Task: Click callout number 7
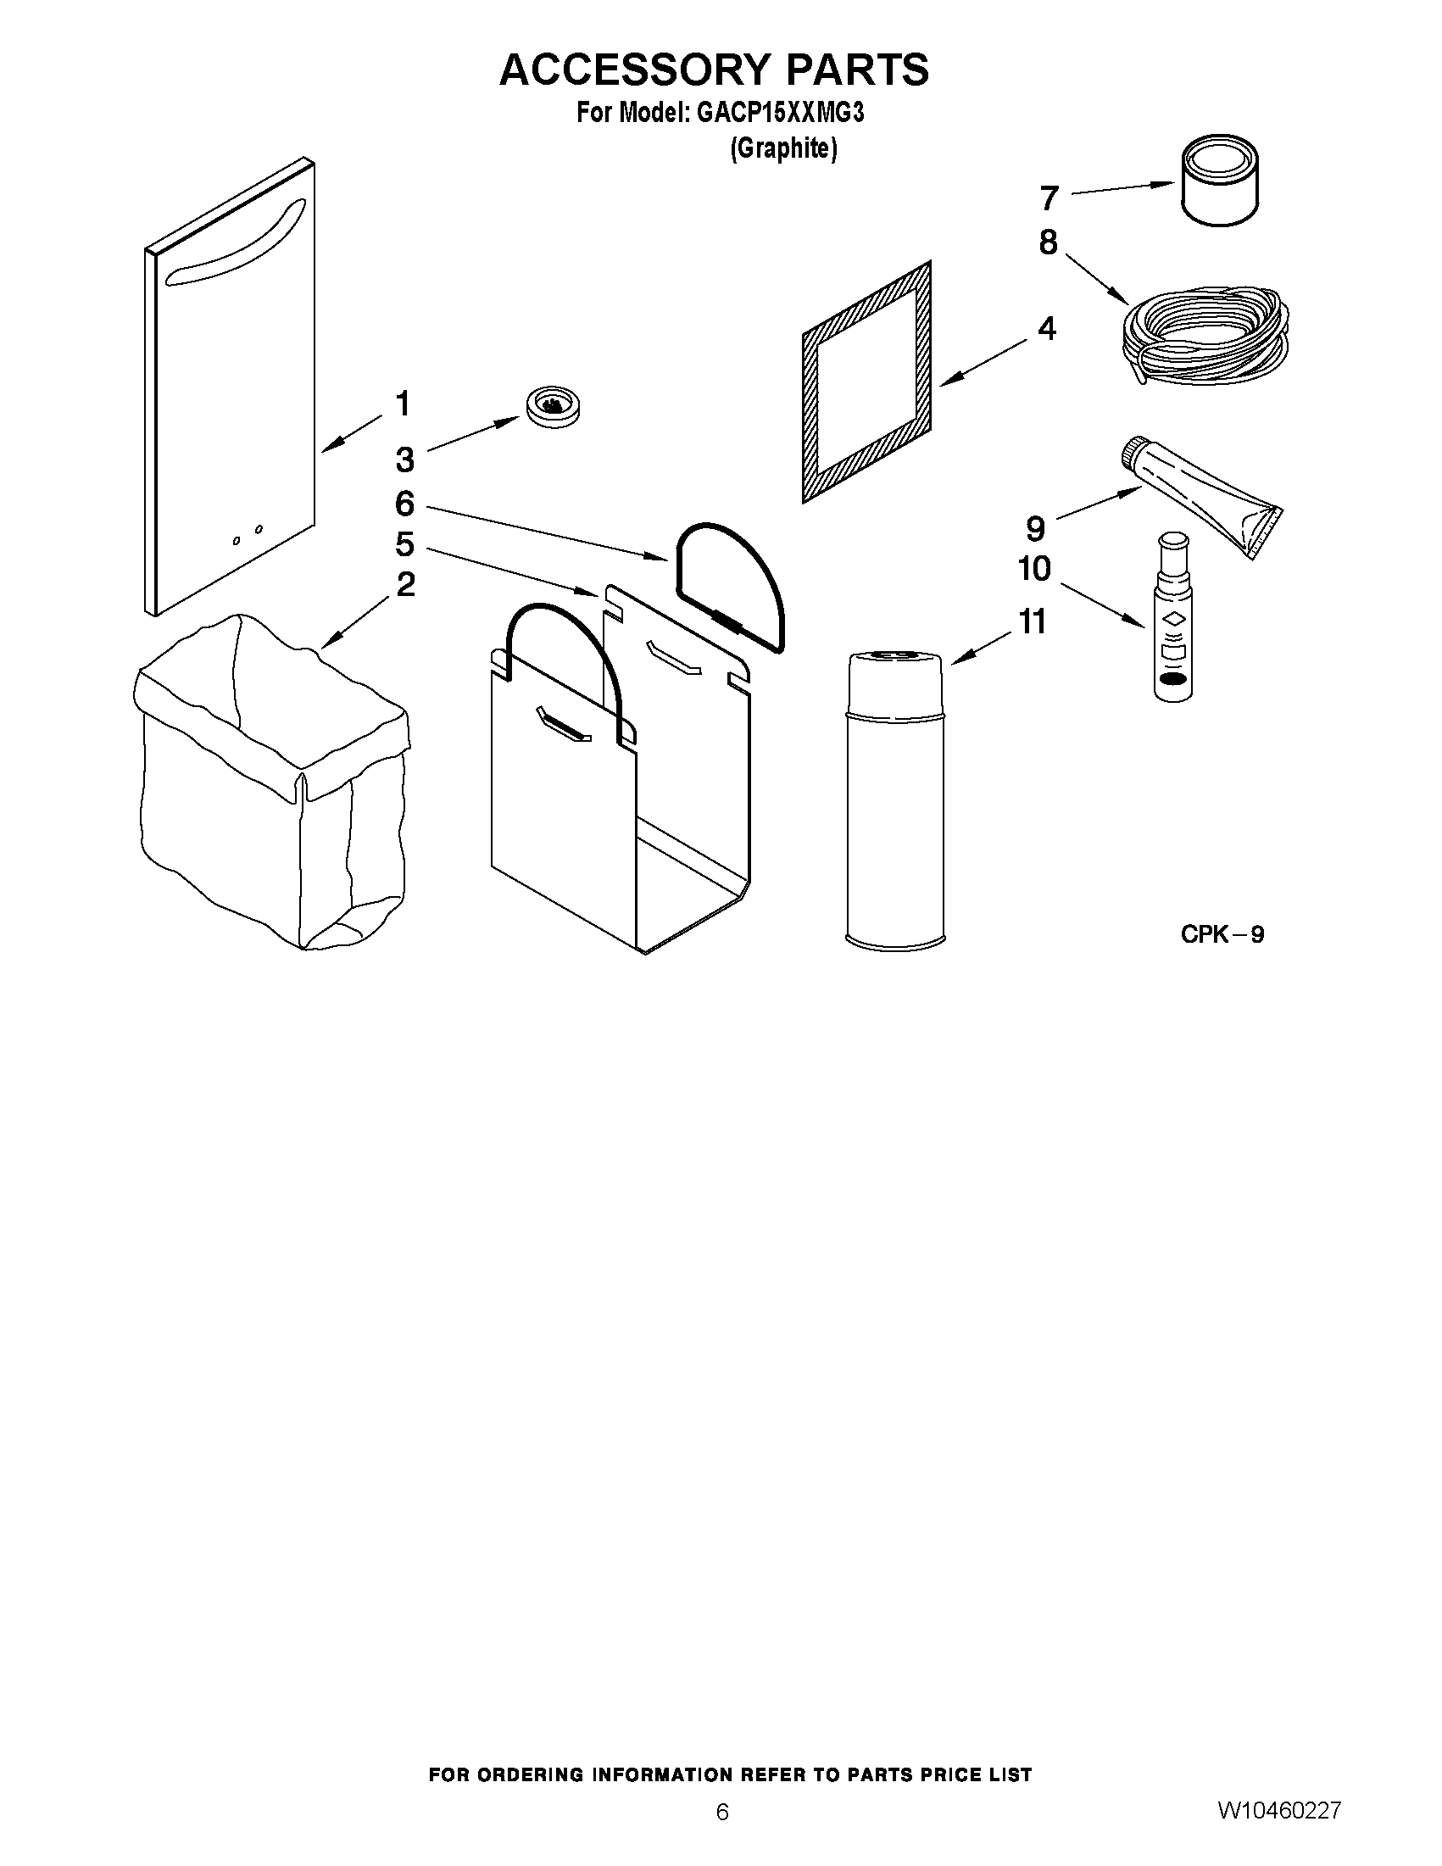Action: tap(1049, 198)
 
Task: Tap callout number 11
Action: tap(1033, 622)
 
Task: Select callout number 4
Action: tap(1046, 328)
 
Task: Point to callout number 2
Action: tap(405, 584)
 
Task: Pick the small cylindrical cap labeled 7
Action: tap(1220, 181)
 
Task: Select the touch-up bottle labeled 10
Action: tap(1173, 619)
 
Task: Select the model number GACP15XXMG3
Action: tap(780, 113)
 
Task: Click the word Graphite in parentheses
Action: tap(783, 148)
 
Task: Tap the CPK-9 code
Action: tap(1222, 934)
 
